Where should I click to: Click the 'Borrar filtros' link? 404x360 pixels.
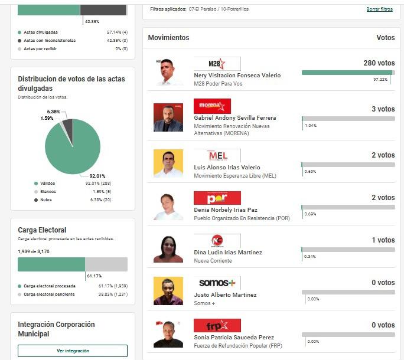point(379,9)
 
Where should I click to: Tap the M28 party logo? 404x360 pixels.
point(217,64)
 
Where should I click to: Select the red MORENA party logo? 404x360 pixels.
point(212,106)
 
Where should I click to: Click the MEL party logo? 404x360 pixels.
point(217,156)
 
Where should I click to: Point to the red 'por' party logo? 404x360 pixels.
point(217,198)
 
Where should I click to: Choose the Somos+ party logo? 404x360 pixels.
point(217,283)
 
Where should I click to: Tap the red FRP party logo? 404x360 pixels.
point(217,326)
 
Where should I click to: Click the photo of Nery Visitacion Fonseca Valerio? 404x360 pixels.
point(168,72)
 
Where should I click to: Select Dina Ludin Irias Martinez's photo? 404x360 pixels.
point(168,249)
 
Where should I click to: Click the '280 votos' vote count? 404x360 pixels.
point(379,63)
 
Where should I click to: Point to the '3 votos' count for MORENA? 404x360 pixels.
point(383,109)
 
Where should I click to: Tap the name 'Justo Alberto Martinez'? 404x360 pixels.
point(225,295)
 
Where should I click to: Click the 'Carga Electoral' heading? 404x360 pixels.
point(42,230)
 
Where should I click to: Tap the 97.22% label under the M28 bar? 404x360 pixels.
point(380,79)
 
